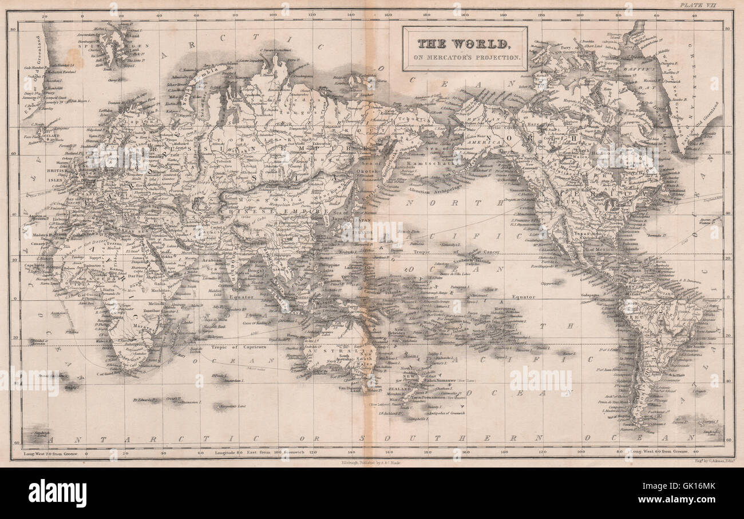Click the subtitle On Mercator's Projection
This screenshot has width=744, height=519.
point(464,57)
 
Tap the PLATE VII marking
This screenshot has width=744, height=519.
point(706,5)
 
